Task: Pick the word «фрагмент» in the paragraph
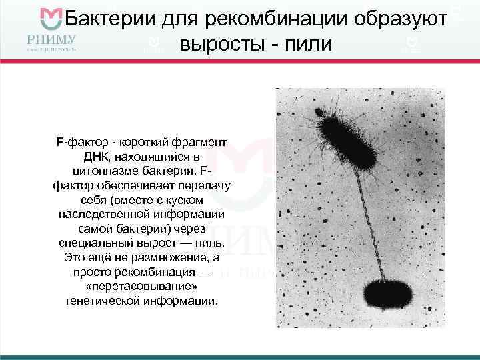(x=199, y=143)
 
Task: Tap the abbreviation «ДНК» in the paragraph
(x=98, y=157)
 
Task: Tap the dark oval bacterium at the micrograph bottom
(x=389, y=294)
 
